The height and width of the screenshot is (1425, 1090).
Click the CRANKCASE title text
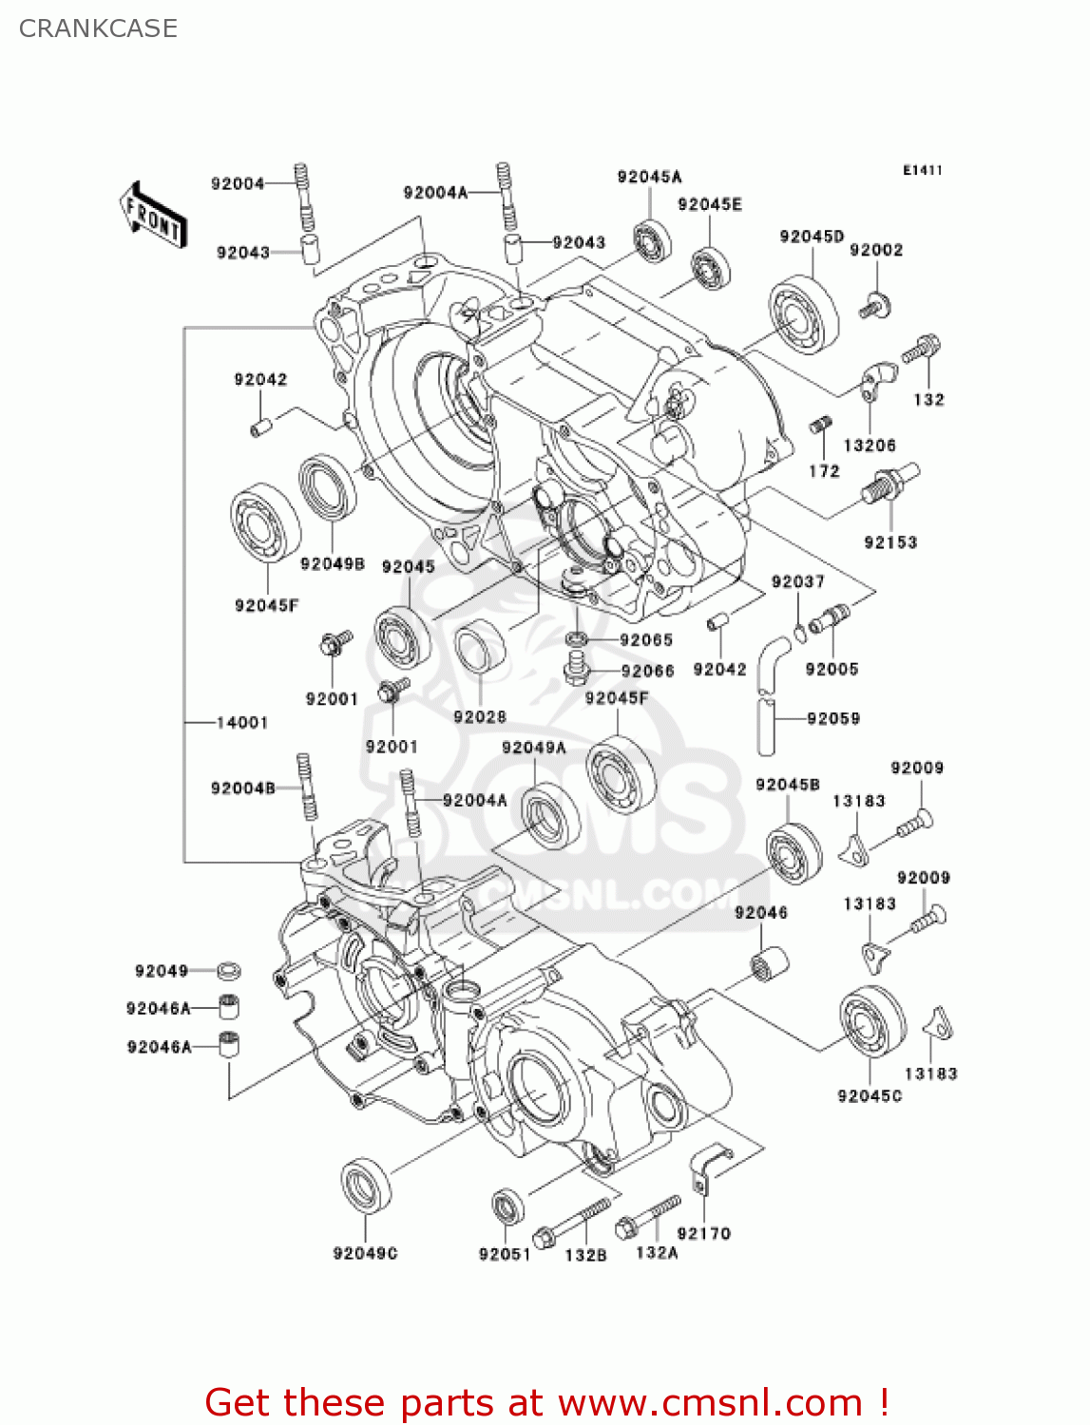tap(98, 28)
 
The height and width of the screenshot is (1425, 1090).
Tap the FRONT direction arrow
tap(152, 216)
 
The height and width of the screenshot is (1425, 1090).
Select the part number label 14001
tap(241, 723)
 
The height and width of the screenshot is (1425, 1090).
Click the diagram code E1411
tap(922, 170)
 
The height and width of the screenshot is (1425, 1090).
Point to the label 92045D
tap(812, 237)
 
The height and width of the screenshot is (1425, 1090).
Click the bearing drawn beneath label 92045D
tap(803, 315)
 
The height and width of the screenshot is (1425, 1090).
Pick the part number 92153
tap(890, 542)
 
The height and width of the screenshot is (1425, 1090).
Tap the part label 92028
tap(480, 717)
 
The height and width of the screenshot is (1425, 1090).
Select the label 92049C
tap(365, 1254)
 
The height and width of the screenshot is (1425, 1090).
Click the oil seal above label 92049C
tap(366, 1186)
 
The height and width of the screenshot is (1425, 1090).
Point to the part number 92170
tap(703, 1233)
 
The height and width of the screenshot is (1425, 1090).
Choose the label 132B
tap(585, 1255)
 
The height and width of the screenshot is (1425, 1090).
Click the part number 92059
tap(833, 719)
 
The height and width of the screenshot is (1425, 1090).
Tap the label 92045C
tap(870, 1096)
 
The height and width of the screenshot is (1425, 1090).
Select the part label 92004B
tap(242, 788)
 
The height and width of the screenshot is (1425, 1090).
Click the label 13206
tap(870, 446)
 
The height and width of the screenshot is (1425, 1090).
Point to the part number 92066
tap(647, 672)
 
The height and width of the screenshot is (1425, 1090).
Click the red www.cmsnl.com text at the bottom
tap(710, 1403)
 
